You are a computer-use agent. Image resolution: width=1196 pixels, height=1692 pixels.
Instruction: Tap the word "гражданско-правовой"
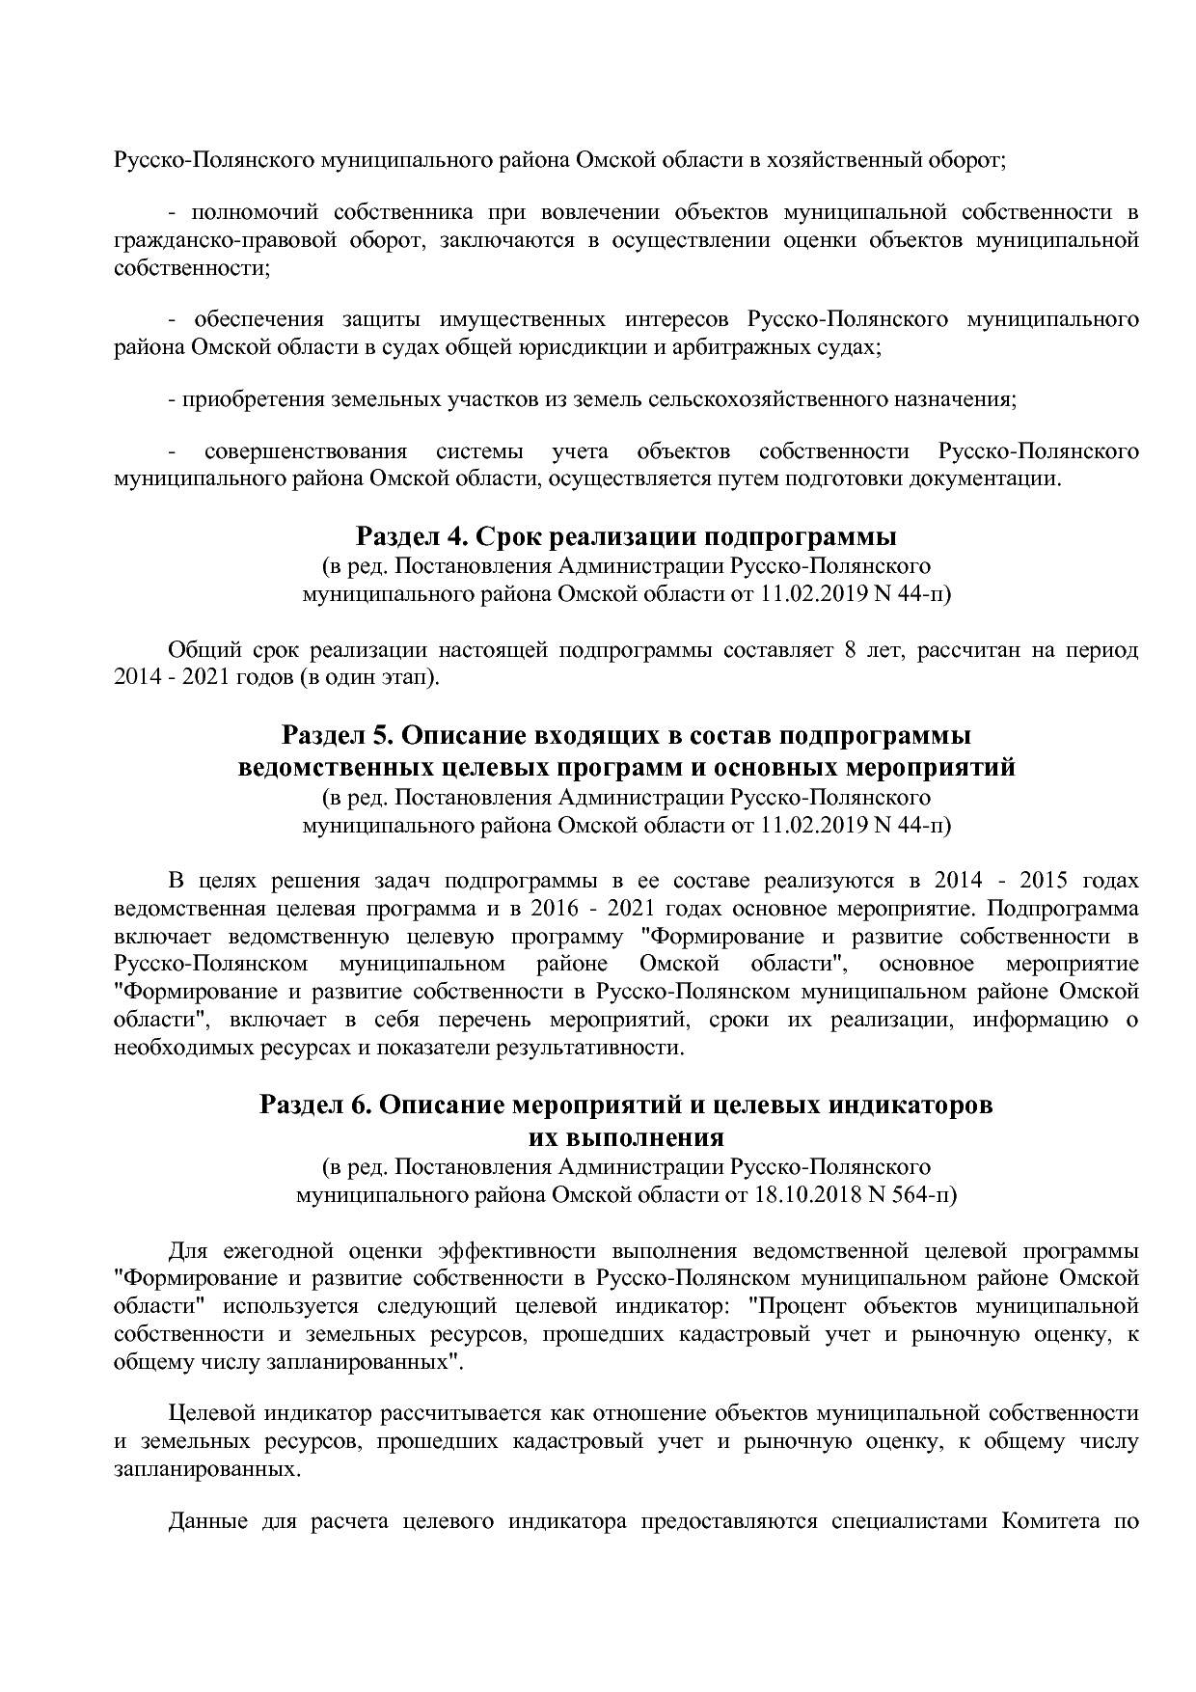205,240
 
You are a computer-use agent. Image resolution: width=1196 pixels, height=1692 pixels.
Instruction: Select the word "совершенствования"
306,451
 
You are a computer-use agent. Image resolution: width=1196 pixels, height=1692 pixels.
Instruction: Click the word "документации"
983,478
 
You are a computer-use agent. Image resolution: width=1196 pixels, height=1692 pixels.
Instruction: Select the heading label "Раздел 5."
337,736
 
